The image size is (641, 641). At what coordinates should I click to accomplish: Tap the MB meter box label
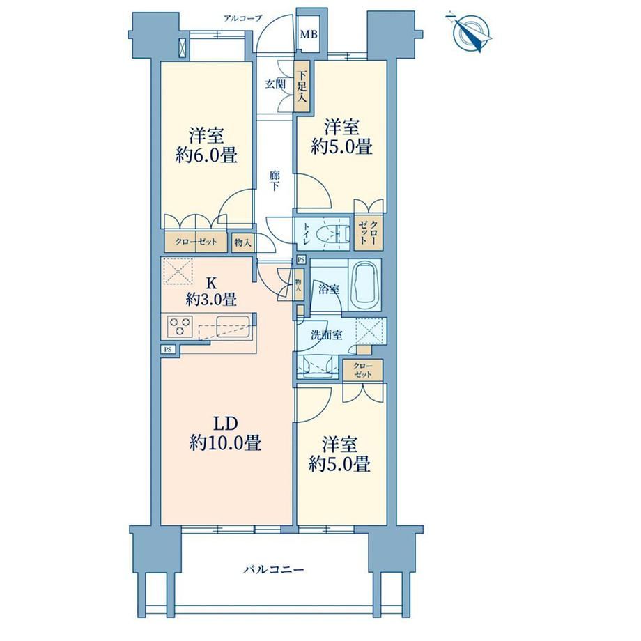[x=309, y=34]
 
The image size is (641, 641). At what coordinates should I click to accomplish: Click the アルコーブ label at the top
[x=242, y=18]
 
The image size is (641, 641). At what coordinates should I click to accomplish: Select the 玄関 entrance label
[x=275, y=84]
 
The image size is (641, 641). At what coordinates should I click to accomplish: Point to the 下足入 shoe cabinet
[x=302, y=86]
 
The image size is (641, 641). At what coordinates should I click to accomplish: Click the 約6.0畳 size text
[x=206, y=155]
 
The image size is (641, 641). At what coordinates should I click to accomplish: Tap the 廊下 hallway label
[x=275, y=181]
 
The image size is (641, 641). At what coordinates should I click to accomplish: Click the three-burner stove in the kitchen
[x=180, y=326]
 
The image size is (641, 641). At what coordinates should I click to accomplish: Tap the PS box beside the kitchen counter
[x=168, y=349]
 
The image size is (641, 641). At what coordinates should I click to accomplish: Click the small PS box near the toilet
[x=301, y=259]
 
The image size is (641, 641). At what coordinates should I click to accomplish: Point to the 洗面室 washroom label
[x=326, y=335]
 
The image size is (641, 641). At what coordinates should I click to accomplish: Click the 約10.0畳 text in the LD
[x=225, y=442]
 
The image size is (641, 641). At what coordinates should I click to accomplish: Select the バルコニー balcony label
[x=274, y=569]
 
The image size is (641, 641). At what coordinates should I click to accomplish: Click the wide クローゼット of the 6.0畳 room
[x=196, y=242]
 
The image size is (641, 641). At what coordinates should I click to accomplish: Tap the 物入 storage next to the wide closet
[x=243, y=242]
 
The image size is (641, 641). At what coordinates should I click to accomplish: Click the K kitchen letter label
[x=211, y=283]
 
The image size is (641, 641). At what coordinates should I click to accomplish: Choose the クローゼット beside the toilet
[x=369, y=232]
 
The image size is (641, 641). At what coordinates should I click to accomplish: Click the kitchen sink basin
[x=233, y=326]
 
